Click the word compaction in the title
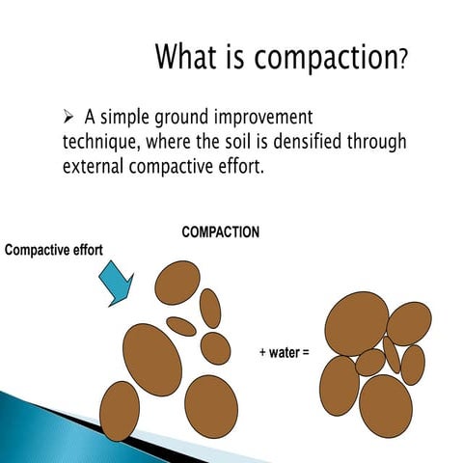click(x=326, y=58)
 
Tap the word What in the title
click(x=186, y=56)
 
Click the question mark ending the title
click(x=403, y=60)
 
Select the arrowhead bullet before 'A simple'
click(x=68, y=117)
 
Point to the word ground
click(x=181, y=119)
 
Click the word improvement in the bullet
click(x=263, y=118)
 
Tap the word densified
click(x=307, y=142)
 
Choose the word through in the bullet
click(x=376, y=143)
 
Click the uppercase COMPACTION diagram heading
click(x=221, y=232)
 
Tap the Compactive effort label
click(x=54, y=250)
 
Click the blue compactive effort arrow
click(x=117, y=283)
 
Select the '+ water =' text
click(x=285, y=352)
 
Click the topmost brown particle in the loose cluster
click(x=177, y=283)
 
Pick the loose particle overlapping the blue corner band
click(x=120, y=411)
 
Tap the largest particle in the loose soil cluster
click(x=152, y=360)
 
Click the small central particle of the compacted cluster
click(x=370, y=363)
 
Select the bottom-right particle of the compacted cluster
click(x=386, y=406)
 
